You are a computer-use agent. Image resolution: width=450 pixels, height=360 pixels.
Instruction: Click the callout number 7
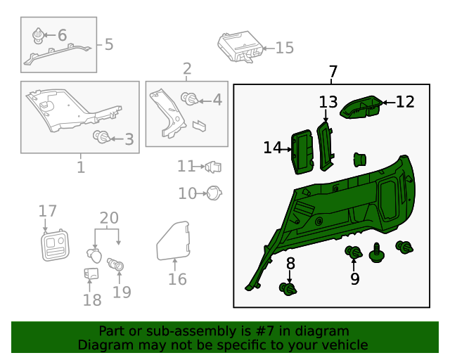point(333,72)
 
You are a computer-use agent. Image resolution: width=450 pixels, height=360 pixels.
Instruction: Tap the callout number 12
point(405,102)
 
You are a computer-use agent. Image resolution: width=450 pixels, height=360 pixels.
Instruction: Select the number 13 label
point(328,103)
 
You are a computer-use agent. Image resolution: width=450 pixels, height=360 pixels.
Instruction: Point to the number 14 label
point(273,148)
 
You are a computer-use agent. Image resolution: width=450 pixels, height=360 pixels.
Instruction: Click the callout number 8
point(290,264)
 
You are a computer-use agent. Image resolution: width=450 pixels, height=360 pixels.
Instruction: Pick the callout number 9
point(355,279)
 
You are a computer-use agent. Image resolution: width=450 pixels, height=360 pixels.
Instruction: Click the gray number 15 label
point(284,48)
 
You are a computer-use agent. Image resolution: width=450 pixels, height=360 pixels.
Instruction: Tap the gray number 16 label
point(177,280)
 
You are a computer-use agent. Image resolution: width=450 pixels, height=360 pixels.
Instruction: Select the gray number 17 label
point(47,211)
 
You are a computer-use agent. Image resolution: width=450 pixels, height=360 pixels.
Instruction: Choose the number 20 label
point(109,217)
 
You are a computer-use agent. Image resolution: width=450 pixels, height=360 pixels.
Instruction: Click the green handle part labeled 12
point(362,108)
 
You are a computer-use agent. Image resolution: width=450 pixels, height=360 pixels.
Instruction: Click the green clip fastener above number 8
point(288,288)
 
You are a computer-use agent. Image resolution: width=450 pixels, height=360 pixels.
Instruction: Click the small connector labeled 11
point(213,167)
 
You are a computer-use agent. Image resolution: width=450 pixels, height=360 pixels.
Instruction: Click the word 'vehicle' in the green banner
point(344,345)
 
